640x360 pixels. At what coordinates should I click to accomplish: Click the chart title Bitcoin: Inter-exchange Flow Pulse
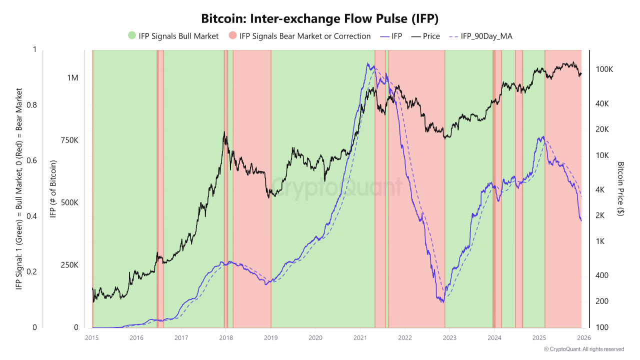pyautogui.click(x=319, y=19)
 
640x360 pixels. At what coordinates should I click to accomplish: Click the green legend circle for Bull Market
pyautogui.click(x=132, y=36)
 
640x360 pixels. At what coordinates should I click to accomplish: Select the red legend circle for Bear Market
pyautogui.click(x=233, y=36)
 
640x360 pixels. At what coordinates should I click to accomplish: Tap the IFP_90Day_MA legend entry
pyautogui.click(x=480, y=36)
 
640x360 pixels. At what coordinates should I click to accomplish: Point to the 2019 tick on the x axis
pyautogui.click(x=271, y=336)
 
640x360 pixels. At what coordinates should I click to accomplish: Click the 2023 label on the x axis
pyautogui.click(x=449, y=336)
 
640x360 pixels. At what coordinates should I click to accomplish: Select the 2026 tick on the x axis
pyautogui.click(x=583, y=336)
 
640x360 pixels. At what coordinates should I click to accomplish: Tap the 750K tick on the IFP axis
pyautogui.click(x=68, y=140)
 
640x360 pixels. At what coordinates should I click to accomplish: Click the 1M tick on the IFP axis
pyautogui.click(x=72, y=78)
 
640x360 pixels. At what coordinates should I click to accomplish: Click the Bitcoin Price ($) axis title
pyautogui.click(x=621, y=189)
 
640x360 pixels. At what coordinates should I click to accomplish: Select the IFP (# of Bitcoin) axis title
pyautogui.click(x=53, y=189)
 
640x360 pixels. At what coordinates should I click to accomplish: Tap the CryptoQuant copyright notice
pyautogui.click(x=583, y=349)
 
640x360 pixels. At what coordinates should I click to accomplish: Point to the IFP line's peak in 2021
pyautogui.click(x=368, y=63)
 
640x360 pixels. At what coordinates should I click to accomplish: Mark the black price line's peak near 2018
pyautogui.click(x=224, y=132)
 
